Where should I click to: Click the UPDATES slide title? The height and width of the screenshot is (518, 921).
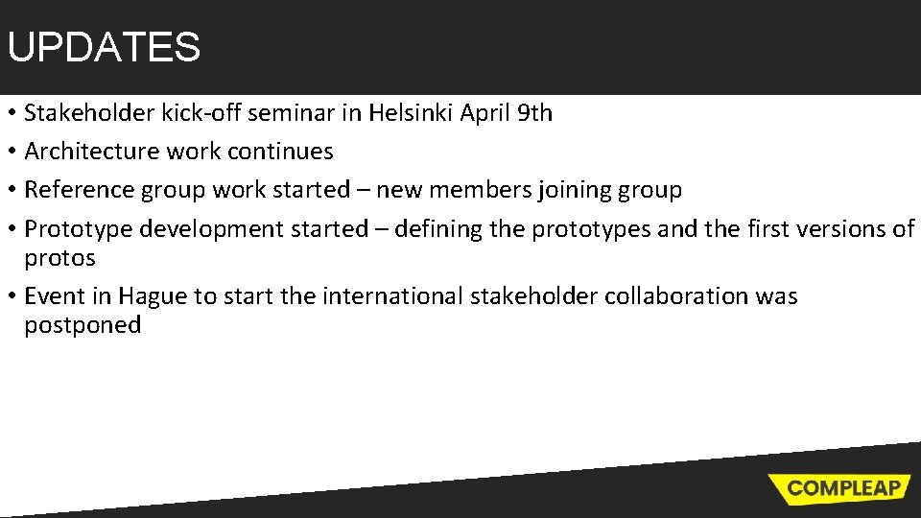click(x=104, y=47)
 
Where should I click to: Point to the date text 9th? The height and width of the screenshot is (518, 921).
click(x=534, y=113)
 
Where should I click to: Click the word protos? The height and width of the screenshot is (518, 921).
click(x=59, y=259)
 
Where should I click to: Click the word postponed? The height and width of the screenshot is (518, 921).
click(x=83, y=326)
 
